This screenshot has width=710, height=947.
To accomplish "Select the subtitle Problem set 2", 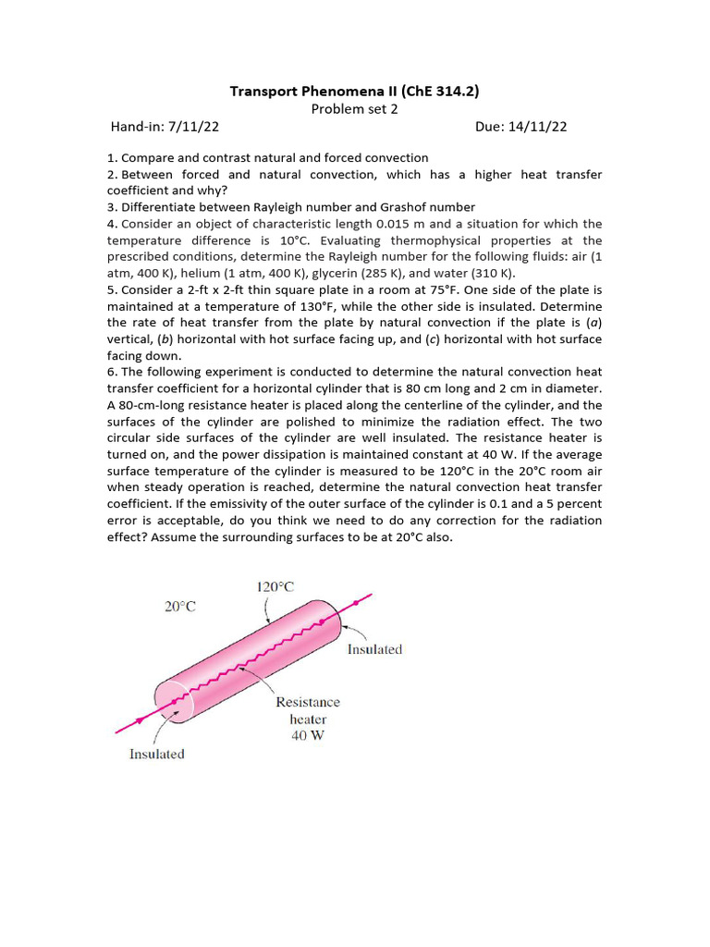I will pos(354,108).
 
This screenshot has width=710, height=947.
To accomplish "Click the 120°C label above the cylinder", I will pos(275,585).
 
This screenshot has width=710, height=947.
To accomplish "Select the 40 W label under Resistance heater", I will pos(308,736).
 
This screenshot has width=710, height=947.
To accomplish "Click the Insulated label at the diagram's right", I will pos(374,649).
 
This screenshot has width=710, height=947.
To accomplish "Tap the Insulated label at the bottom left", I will pos(156,754).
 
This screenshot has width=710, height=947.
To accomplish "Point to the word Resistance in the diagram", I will pos(308,703).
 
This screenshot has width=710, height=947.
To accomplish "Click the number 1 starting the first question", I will pos(110,158).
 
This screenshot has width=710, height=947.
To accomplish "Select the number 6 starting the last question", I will pos(110,372).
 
